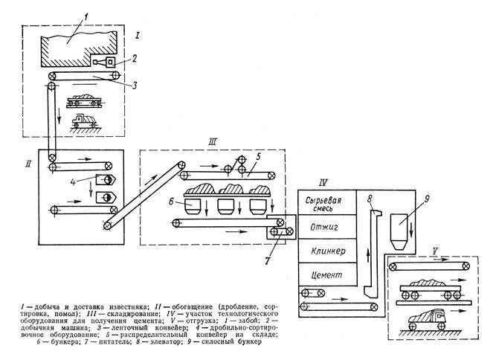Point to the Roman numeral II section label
(x=28, y=164)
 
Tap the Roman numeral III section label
(x=213, y=142)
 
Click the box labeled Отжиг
(x=321, y=225)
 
